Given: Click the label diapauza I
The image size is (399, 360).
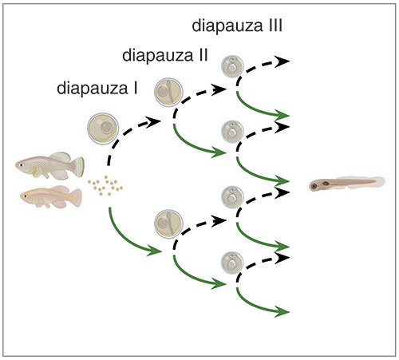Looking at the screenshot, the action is click(x=97, y=89).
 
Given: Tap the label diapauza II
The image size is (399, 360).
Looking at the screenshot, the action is click(x=165, y=55).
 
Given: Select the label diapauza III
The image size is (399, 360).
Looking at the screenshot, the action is click(x=237, y=26).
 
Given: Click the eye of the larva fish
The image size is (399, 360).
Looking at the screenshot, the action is click(x=314, y=185).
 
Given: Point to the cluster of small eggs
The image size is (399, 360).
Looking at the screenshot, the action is click(x=105, y=185).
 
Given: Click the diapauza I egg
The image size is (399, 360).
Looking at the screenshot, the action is click(x=103, y=129).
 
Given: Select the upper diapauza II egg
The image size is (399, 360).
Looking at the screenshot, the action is click(x=168, y=93).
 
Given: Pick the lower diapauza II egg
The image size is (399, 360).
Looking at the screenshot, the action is click(x=168, y=224).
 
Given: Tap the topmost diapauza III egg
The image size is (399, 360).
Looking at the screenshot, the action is click(x=232, y=66).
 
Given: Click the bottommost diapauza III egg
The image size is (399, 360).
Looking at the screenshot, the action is click(x=232, y=263).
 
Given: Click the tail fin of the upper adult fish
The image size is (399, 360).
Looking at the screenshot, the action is click(x=78, y=167).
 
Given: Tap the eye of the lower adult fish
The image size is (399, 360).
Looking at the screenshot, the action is click(x=25, y=196).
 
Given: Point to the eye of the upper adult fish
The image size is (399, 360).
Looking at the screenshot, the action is click(x=20, y=164).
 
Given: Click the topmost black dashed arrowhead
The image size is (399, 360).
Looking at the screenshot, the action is click(x=282, y=61).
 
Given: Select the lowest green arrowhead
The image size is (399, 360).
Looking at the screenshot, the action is click(x=282, y=311).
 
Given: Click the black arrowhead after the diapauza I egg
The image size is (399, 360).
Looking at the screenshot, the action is click(x=153, y=122).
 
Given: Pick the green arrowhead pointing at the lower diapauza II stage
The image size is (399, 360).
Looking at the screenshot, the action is click(x=154, y=251).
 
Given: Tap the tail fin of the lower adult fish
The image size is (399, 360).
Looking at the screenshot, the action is click(x=77, y=198).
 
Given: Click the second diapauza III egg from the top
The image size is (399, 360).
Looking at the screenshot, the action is click(x=232, y=132).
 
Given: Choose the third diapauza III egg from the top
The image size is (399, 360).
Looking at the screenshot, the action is click(x=232, y=197).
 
